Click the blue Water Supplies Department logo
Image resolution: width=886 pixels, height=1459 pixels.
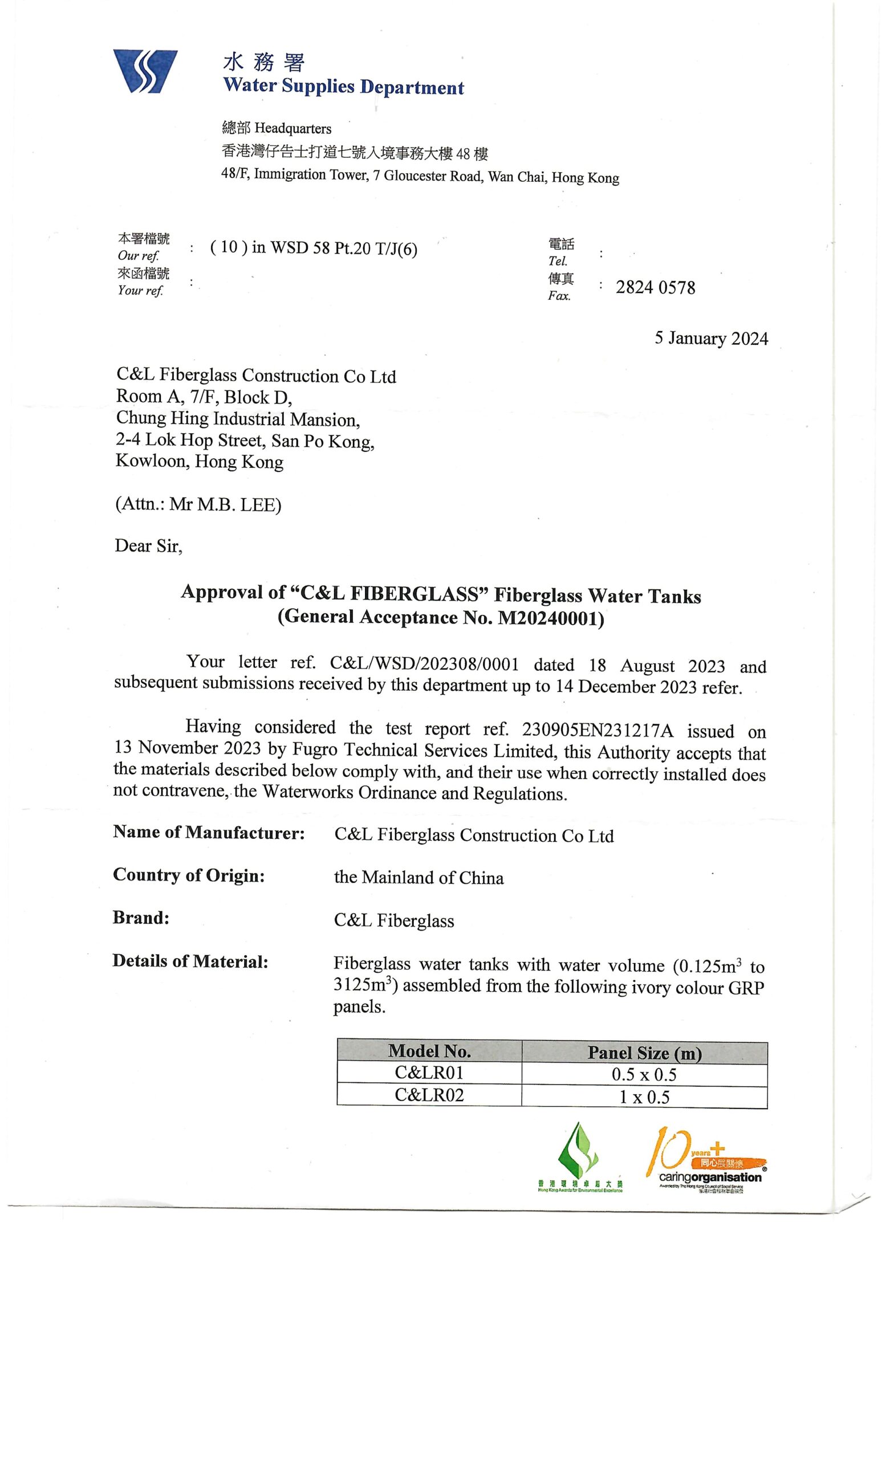point(145,72)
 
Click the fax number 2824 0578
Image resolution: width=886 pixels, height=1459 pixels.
point(655,288)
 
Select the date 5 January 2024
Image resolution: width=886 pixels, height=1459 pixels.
point(711,339)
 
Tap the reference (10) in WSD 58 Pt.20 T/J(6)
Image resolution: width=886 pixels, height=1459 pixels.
point(314,248)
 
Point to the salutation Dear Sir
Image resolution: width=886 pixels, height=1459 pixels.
point(148,546)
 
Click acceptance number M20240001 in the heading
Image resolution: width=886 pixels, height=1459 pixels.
point(550,618)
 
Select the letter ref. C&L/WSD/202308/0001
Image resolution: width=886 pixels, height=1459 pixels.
point(424,664)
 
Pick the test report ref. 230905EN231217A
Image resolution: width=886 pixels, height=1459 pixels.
point(598,730)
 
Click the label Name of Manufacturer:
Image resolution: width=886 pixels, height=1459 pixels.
point(209,833)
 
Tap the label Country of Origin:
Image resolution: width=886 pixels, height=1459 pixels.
point(188,876)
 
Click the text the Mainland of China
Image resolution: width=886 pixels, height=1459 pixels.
point(418,878)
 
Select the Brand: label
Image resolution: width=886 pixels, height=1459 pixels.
point(141,918)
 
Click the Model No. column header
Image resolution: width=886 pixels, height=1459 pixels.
point(429,1051)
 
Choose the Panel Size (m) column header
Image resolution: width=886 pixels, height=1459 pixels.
point(644,1053)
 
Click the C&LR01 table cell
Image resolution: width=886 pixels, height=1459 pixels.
point(429,1073)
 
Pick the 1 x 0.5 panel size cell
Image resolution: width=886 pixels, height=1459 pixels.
point(644,1097)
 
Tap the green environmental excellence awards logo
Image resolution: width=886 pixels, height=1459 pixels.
point(579,1158)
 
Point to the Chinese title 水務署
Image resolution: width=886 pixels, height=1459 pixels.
point(263,62)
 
